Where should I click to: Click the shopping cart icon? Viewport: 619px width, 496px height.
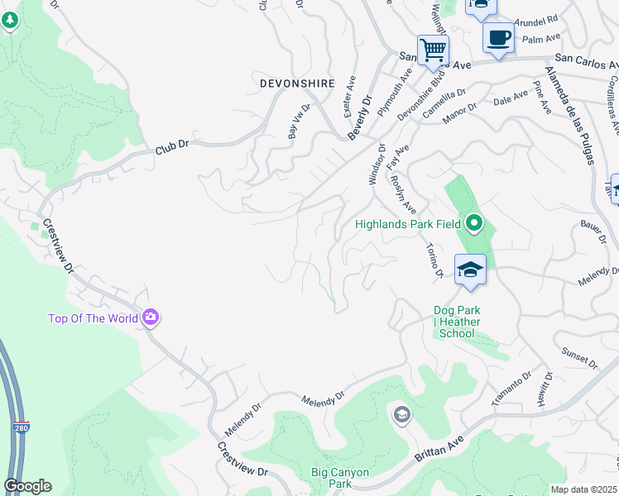433,50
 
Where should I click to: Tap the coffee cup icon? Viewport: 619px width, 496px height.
498,38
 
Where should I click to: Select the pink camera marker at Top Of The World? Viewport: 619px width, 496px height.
151,317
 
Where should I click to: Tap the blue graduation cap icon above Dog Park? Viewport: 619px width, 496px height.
469,270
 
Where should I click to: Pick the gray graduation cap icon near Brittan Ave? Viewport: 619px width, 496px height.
402,414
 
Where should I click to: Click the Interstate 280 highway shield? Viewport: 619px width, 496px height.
22,429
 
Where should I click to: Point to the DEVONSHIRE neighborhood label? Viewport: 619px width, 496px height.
297,83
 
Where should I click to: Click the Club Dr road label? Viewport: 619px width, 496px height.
172,150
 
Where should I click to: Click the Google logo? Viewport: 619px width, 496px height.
27,486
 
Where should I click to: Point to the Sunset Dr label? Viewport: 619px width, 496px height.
579,357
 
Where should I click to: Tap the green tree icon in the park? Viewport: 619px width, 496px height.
10,20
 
